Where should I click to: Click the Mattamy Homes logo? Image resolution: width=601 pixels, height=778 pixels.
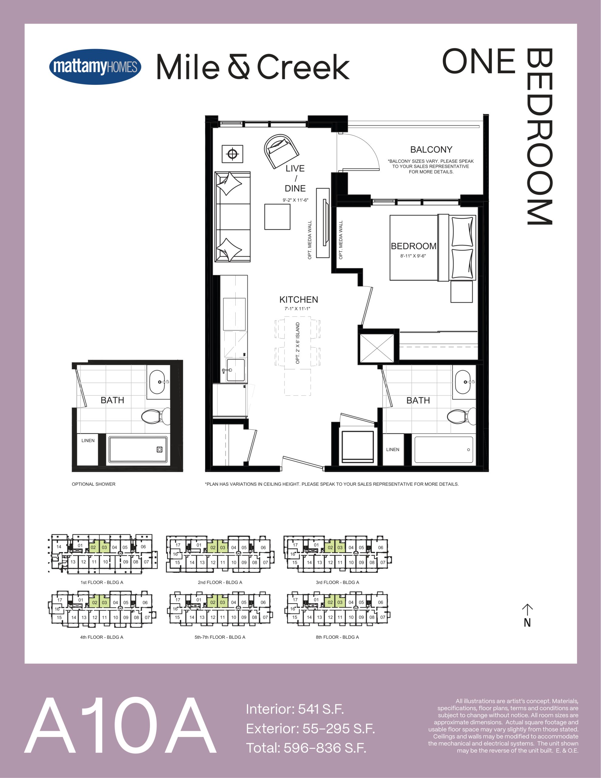pyautogui.click(x=95, y=67)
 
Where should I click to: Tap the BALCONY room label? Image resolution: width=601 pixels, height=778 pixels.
pyautogui.click(x=431, y=150)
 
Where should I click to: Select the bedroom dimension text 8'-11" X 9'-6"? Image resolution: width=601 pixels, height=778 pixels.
pyautogui.click(x=413, y=256)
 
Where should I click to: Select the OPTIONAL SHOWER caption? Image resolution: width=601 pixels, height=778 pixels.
pyautogui.click(x=94, y=484)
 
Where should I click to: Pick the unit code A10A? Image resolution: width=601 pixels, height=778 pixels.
pyautogui.click(x=120, y=725)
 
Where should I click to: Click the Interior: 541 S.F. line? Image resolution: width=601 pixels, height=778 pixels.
pyautogui.click(x=295, y=709)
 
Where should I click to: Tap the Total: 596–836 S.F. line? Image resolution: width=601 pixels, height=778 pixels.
pyautogui.click(x=306, y=748)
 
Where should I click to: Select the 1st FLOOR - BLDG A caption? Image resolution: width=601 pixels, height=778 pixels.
pyautogui.click(x=102, y=582)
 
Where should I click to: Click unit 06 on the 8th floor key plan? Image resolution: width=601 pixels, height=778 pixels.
pyautogui.click(x=381, y=602)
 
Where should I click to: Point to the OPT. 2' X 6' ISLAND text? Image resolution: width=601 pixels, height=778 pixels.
pyautogui.click(x=298, y=343)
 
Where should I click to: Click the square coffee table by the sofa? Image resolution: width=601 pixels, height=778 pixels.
pyautogui.click(x=277, y=217)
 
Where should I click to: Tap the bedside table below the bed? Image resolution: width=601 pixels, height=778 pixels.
pyautogui.click(x=461, y=292)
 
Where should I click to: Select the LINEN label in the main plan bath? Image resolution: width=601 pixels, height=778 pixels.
pyautogui.click(x=393, y=449)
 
